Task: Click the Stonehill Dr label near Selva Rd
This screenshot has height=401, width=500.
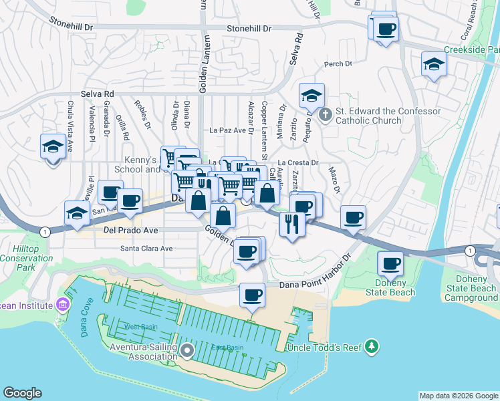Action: click(x=249, y=29)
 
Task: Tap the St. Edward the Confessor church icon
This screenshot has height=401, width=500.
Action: click(x=326, y=115)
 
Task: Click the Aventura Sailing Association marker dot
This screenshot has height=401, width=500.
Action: click(x=186, y=350)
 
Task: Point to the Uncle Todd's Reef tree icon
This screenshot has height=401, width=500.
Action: click(x=372, y=347)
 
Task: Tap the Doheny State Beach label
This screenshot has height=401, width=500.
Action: click(x=397, y=287)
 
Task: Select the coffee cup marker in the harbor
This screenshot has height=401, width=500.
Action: click(x=252, y=295)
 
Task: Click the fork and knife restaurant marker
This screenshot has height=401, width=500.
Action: click(x=292, y=223)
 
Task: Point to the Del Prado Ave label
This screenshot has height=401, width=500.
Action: click(x=130, y=230)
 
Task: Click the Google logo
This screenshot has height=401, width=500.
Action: click(x=23, y=393)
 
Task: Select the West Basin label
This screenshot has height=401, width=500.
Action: click(x=140, y=326)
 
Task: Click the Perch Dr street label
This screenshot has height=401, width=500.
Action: click(x=338, y=64)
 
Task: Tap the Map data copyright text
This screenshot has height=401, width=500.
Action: click(x=458, y=396)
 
